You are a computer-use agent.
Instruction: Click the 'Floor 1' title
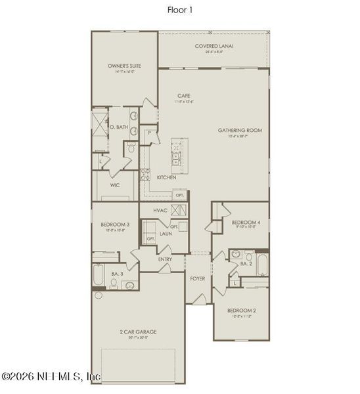pos(180,10)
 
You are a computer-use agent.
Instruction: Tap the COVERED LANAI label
pos(214,46)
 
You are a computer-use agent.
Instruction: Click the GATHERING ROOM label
pos(240,131)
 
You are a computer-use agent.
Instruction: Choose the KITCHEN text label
pos(166,178)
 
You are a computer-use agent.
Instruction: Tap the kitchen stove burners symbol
pos(145,175)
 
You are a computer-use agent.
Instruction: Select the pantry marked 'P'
pos(150,133)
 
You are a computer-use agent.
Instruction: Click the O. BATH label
pos(119,127)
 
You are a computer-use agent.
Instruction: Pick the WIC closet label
pos(114,185)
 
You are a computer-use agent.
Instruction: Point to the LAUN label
pos(166,233)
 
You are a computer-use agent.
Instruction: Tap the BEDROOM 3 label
pos(114,225)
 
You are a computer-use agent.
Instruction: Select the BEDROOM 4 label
pos(246,223)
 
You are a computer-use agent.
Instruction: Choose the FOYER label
pos(198,278)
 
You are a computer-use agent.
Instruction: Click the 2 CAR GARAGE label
pos(138,332)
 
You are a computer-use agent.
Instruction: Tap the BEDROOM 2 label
pos(241,311)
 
